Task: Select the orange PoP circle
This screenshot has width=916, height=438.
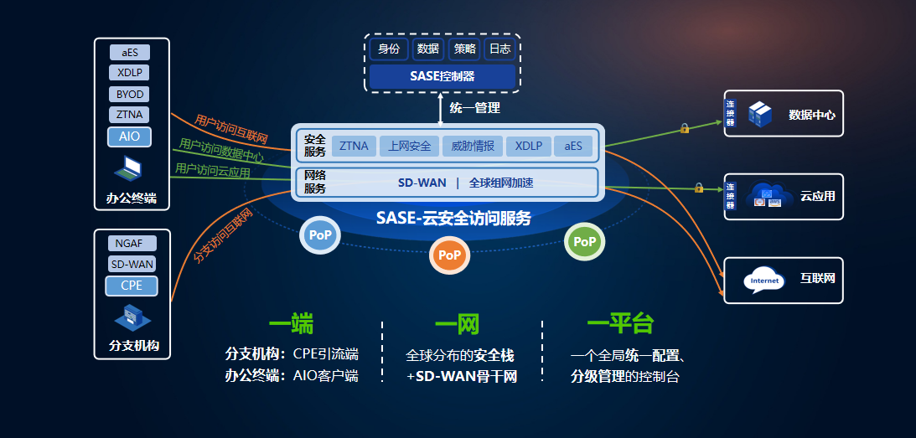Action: (450, 255)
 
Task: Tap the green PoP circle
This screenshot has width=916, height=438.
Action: (585, 241)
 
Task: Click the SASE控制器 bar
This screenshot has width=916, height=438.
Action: (442, 75)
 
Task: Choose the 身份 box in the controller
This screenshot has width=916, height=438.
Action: (389, 49)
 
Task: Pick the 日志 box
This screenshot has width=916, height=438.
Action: (500, 49)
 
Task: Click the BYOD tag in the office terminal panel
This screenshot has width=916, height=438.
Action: (131, 94)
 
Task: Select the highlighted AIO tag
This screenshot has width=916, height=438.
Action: (130, 136)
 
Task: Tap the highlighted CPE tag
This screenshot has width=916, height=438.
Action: (132, 286)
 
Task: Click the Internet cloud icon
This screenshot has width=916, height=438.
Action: (764, 280)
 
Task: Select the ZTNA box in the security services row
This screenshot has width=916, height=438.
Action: (354, 147)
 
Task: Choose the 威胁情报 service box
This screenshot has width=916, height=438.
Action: (472, 147)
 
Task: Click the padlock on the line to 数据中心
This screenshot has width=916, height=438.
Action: (685, 128)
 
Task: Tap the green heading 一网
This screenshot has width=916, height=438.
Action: (457, 325)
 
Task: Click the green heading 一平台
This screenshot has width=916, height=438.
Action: (620, 325)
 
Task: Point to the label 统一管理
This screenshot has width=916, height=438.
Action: (474, 107)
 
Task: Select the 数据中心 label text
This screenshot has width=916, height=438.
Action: (811, 114)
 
